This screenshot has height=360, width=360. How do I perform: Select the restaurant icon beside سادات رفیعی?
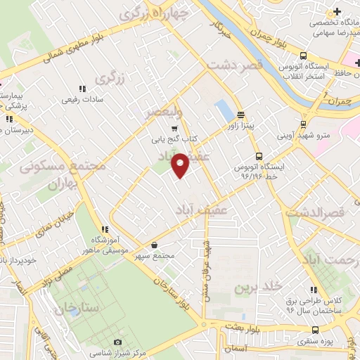tap(82, 89)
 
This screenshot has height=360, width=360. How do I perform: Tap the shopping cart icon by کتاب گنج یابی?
tap(174, 128)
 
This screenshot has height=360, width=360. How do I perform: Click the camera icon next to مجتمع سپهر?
tap(154, 245)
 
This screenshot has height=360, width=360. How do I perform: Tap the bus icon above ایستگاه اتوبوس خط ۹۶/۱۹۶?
tap(259, 157)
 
